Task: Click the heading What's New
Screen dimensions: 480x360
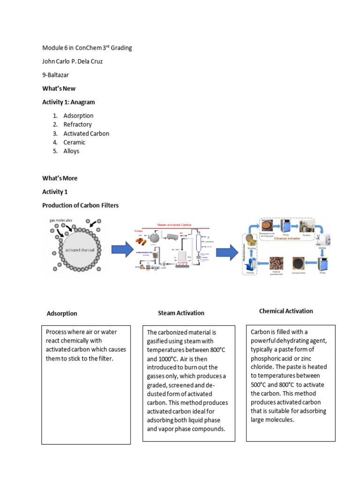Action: [59, 89]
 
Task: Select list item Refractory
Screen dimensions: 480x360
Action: [77, 125]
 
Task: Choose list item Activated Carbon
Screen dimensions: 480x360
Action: [86, 134]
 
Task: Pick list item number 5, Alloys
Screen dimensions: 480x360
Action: [71, 151]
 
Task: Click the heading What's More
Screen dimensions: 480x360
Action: [60, 179]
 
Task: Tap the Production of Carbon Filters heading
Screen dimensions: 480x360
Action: [80, 205]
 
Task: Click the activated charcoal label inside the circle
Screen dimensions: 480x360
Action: [79, 250]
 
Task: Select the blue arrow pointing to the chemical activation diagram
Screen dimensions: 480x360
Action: [226, 253]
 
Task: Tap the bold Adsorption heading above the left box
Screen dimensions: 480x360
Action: [62, 314]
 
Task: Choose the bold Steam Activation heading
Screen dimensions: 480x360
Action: [181, 313]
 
